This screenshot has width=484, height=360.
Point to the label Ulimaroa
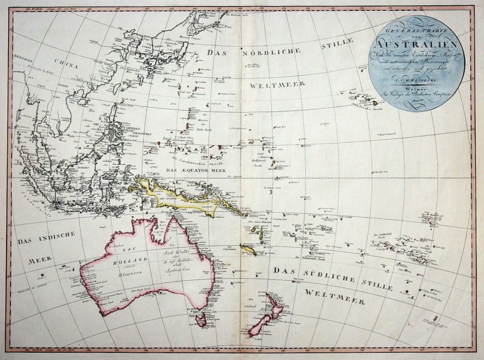click(x=123, y=274)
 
